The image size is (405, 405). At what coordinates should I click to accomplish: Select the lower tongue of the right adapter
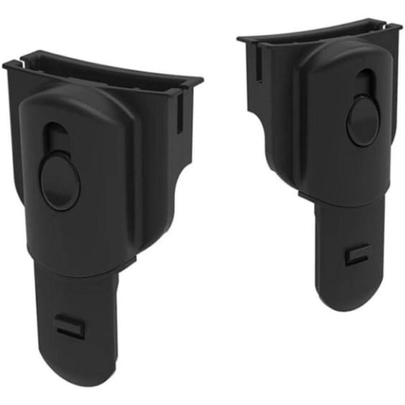click(348, 255)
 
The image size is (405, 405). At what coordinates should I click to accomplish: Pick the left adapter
click(93, 202)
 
